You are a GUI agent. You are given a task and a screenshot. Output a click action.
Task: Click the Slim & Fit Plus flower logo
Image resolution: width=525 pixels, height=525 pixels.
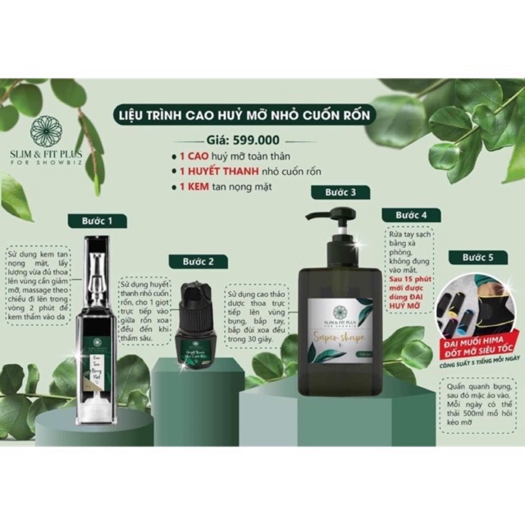tap(45, 132)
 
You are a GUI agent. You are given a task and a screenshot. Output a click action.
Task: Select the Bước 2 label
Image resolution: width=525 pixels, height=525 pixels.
tap(199, 262)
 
